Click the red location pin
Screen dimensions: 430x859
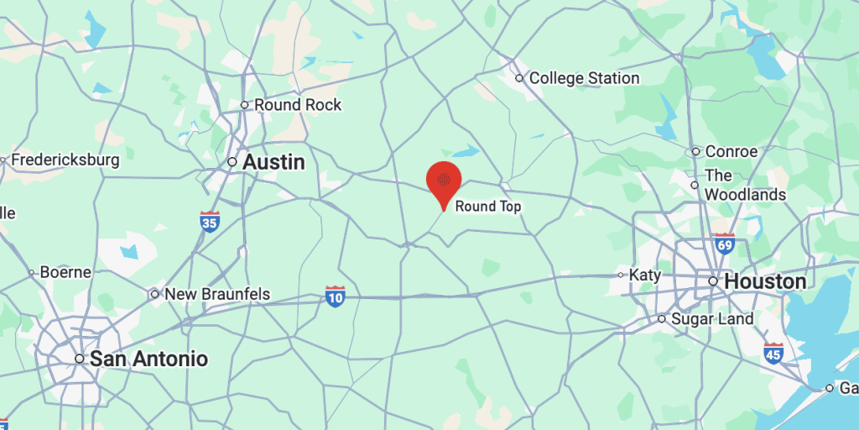(x=444, y=181)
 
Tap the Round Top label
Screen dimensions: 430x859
(x=488, y=206)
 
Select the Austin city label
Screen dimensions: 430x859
(x=273, y=162)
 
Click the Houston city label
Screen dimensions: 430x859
(x=765, y=281)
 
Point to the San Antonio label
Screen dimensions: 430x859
(x=148, y=359)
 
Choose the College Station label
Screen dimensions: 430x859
(x=584, y=78)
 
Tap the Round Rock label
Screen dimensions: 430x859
(x=298, y=105)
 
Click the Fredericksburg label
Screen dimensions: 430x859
(x=65, y=160)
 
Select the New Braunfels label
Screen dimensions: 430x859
(x=217, y=294)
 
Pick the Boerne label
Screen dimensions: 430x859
(x=65, y=272)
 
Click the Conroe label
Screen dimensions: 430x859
(x=731, y=152)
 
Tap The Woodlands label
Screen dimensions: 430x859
(x=745, y=185)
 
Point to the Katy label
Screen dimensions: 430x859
(x=646, y=275)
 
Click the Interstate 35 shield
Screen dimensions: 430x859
(x=210, y=222)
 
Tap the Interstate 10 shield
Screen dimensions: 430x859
(x=336, y=296)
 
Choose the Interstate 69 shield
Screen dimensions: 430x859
(x=723, y=244)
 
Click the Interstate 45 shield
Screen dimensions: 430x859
(x=773, y=352)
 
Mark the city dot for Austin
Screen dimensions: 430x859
(x=233, y=162)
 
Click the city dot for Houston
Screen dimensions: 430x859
(x=713, y=281)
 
